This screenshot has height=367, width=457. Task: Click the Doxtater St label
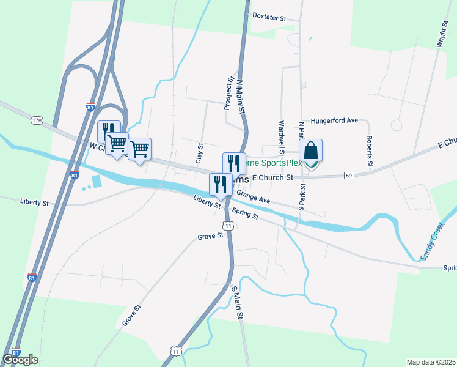(x=269, y=18)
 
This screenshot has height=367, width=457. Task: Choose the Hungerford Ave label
(x=334, y=120)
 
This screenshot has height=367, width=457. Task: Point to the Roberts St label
(x=370, y=152)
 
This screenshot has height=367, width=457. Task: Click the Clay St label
(x=200, y=153)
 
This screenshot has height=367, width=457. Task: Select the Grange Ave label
(x=253, y=197)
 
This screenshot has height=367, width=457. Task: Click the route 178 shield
(x=37, y=121)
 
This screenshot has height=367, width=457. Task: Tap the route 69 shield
(x=349, y=176)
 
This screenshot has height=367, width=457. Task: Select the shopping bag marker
(x=310, y=151)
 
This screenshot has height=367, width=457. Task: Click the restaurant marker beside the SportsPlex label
(x=234, y=163)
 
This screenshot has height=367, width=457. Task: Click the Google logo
(x=20, y=360)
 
